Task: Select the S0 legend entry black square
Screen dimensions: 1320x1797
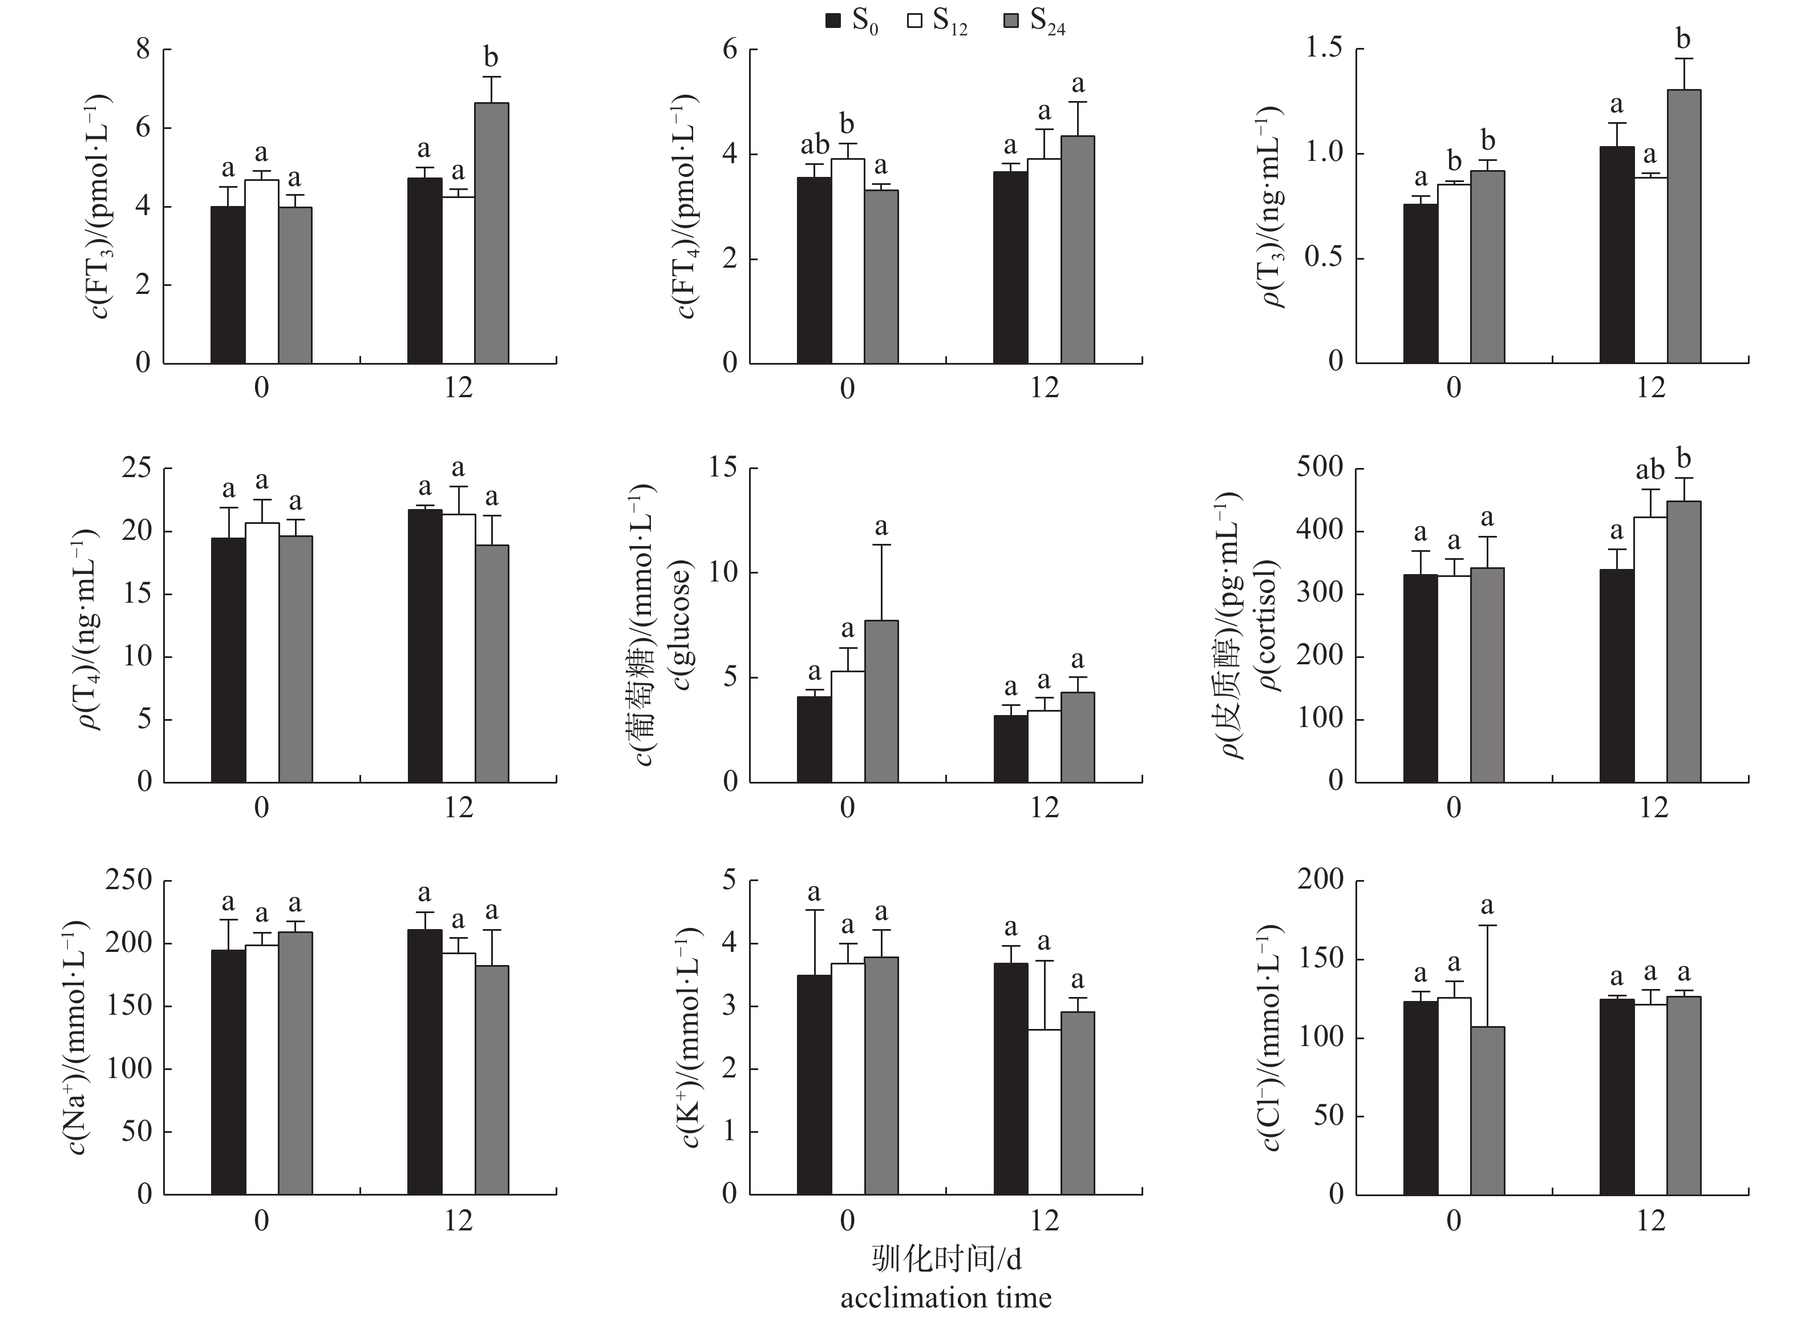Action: [x=833, y=22]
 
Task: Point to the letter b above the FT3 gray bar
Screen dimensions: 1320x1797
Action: [x=491, y=58]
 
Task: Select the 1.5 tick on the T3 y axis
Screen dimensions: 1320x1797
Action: [x=1324, y=50]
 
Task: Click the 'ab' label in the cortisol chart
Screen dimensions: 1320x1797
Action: [x=1650, y=470]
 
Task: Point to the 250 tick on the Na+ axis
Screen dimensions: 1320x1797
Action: [x=128, y=880]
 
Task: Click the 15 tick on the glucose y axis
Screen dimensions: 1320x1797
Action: [x=723, y=468]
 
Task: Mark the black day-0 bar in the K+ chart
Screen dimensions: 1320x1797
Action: [x=814, y=1084]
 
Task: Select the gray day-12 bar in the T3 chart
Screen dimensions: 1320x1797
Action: [x=1683, y=226]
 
